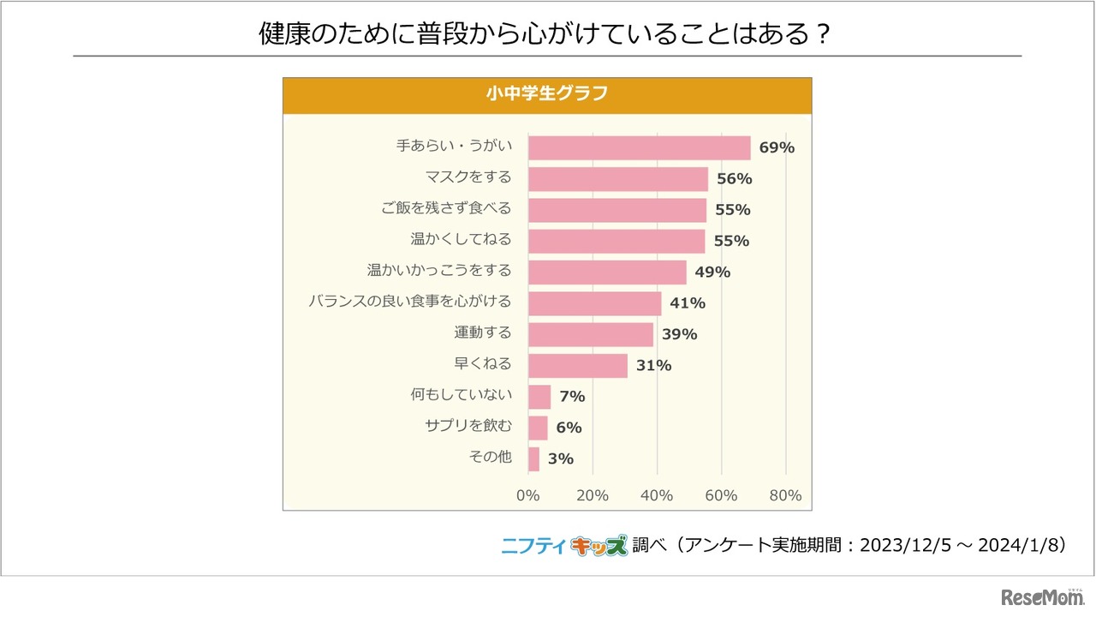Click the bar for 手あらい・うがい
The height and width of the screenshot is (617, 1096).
(x=639, y=147)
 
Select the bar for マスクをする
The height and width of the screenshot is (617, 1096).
(x=618, y=178)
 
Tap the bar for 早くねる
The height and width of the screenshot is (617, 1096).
(x=577, y=365)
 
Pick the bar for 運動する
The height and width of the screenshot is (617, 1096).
(x=590, y=334)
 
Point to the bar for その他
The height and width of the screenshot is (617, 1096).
(x=533, y=458)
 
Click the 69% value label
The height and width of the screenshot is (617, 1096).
(x=777, y=147)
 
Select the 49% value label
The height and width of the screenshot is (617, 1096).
(x=712, y=273)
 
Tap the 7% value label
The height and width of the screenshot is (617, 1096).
(x=572, y=397)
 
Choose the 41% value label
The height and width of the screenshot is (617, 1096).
(x=688, y=303)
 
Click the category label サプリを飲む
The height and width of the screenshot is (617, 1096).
(x=468, y=426)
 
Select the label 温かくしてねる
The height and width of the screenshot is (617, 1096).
(x=461, y=239)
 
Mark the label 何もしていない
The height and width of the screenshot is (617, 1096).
(x=461, y=395)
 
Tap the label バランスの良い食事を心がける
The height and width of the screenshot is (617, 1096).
(x=409, y=302)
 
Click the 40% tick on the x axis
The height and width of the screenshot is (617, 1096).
(x=657, y=495)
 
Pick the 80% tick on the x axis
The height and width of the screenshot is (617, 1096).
(x=785, y=495)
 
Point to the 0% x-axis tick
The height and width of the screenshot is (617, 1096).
(x=528, y=495)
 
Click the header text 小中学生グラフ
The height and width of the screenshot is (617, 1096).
(x=546, y=94)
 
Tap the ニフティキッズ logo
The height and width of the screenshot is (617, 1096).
(x=564, y=546)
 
